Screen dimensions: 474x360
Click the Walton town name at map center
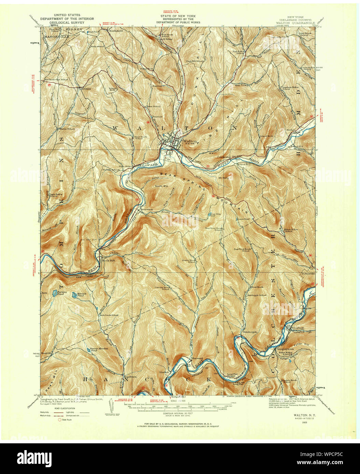point(188,141)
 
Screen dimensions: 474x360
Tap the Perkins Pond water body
point(54,293)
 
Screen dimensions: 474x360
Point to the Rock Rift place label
point(108,261)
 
